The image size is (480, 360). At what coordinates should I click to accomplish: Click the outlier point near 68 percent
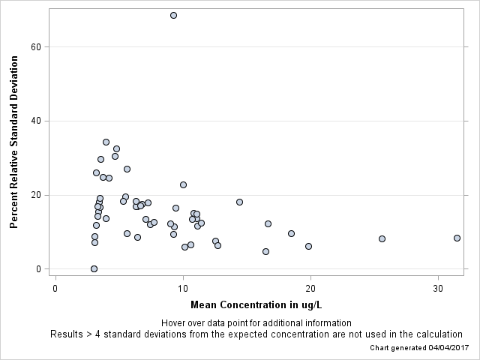(x=173, y=15)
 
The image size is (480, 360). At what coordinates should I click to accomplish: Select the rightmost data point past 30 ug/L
(x=457, y=238)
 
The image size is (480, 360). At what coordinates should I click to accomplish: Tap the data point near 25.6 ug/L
(x=382, y=238)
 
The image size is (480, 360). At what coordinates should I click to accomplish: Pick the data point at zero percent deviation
(x=94, y=268)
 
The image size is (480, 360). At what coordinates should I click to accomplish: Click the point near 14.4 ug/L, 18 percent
(x=239, y=202)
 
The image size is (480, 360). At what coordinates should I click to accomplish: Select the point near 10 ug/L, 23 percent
(x=183, y=184)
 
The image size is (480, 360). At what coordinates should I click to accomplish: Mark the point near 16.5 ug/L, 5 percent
(x=265, y=251)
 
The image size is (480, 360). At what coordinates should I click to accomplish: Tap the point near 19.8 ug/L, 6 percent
(x=308, y=246)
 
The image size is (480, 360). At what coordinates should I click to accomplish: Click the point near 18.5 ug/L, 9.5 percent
(x=291, y=233)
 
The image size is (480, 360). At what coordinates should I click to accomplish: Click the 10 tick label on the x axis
(x=183, y=288)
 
